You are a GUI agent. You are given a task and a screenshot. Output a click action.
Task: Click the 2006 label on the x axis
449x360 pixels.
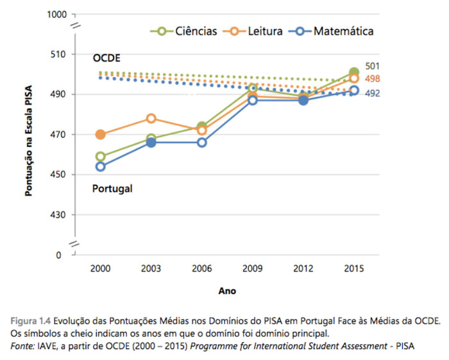[x=201, y=268]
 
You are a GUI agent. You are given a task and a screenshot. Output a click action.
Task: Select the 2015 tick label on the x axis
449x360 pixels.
[x=353, y=268]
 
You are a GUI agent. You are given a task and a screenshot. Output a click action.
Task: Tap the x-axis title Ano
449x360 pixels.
[x=227, y=291]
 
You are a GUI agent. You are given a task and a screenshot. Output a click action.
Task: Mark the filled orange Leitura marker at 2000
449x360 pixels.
[x=101, y=135]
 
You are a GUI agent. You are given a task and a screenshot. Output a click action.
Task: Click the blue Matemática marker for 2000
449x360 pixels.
[x=101, y=167]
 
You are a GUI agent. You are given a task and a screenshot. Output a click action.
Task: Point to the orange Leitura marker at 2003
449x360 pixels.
[x=151, y=119]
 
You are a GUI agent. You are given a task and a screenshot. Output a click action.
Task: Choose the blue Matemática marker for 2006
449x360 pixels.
[x=202, y=142]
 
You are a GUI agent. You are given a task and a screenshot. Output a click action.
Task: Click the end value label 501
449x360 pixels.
[x=373, y=66]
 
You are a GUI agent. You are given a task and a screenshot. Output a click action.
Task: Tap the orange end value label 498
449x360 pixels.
[x=373, y=79]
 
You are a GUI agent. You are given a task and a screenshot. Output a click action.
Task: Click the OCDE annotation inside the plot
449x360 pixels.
[x=106, y=58]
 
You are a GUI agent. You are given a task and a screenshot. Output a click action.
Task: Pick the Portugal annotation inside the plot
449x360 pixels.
[x=112, y=189]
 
